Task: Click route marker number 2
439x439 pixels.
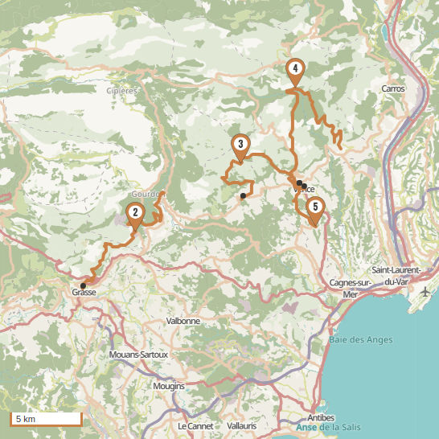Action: [x=135, y=214]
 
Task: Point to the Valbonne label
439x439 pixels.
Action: [x=183, y=321]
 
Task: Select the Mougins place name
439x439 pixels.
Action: [x=169, y=386]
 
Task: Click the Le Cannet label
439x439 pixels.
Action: [x=194, y=425]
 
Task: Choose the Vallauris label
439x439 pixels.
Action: [x=242, y=425]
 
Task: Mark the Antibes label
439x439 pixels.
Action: [x=322, y=417]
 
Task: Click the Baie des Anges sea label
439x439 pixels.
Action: [x=361, y=340]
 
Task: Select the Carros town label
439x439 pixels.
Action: [x=394, y=88]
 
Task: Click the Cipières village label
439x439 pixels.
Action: [x=122, y=91]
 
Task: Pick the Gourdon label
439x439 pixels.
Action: [x=146, y=195]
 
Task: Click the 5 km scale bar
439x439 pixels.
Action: [x=46, y=419]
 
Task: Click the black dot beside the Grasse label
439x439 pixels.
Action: [x=83, y=285]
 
